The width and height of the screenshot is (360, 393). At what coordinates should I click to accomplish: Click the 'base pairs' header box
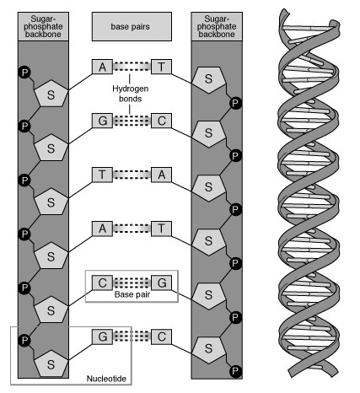tap(132, 26)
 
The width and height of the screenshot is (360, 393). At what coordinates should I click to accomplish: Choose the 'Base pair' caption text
tap(131, 295)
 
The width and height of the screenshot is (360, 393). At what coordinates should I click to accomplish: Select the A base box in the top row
tap(102, 64)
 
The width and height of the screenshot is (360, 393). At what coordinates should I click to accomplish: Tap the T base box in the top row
tap(162, 64)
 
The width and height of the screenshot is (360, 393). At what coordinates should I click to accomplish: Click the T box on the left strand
tap(102, 175)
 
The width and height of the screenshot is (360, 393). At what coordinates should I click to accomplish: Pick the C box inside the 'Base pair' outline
tap(102, 283)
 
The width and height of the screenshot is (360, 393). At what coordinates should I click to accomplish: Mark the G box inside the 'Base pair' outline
tap(162, 283)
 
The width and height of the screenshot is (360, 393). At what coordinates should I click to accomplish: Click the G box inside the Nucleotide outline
tap(102, 336)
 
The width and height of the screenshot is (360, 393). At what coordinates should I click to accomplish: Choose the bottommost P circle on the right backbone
tap(236, 371)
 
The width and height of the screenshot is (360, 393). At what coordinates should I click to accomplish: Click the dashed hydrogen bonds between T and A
tap(132, 175)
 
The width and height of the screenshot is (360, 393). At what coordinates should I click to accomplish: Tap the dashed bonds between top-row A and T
tap(132, 64)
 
